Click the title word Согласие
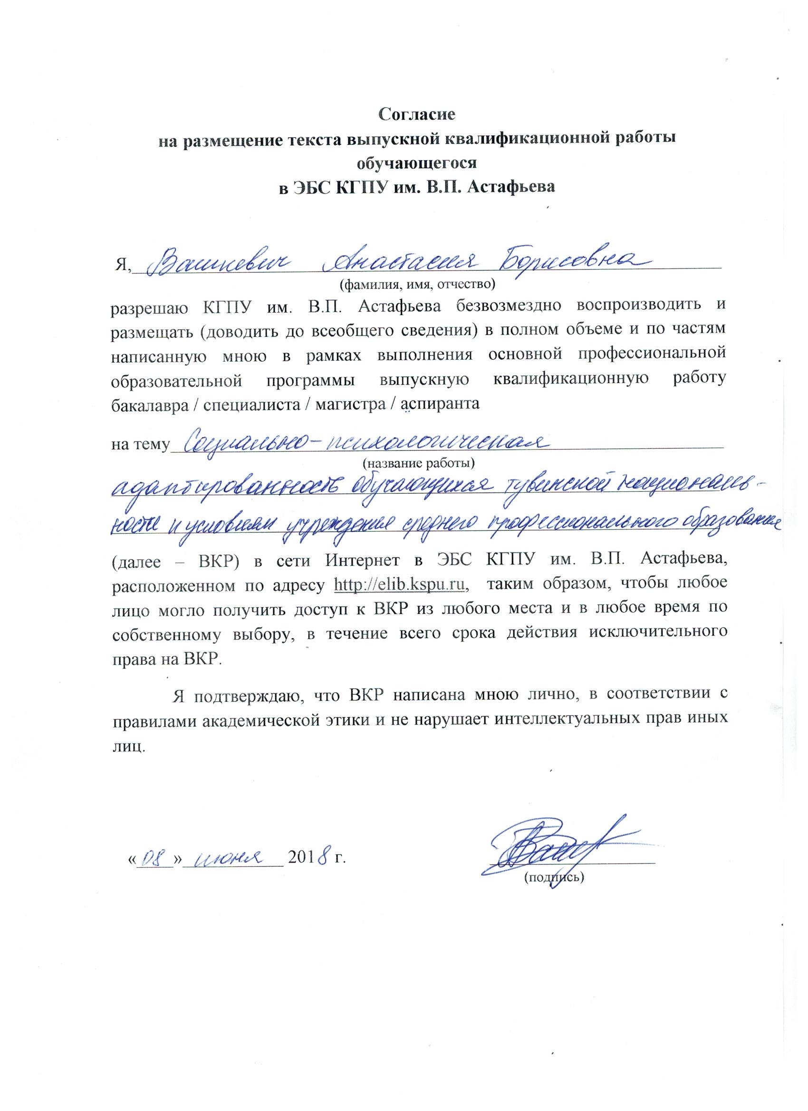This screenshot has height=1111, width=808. click(417, 115)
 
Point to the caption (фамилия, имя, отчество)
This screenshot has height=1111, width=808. click(417, 284)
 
